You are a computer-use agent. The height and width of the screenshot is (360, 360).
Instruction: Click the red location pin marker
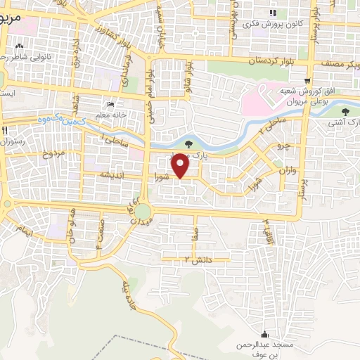(x=181, y=165)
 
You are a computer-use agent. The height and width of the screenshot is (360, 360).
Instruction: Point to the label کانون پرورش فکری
(x=271, y=23)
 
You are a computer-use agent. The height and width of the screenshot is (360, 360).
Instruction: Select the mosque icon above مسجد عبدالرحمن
(x=264, y=334)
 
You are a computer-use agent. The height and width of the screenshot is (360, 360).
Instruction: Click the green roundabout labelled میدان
(x=143, y=212)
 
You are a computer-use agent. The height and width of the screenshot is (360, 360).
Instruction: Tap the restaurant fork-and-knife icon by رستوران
(x=5, y=130)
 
